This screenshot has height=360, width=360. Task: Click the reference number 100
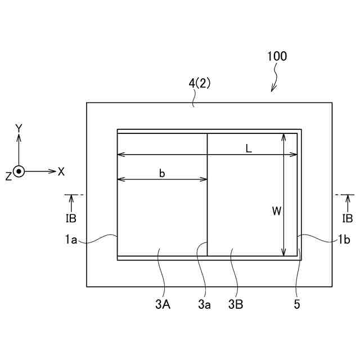click(277, 56)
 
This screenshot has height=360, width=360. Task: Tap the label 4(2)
click(200, 83)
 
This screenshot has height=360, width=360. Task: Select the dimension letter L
click(248, 148)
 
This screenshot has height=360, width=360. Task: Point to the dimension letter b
click(162, 173)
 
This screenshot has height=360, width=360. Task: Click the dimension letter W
click(276, 211)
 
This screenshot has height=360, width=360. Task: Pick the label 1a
click(70, 240)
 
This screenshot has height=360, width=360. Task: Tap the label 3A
click(163, 305)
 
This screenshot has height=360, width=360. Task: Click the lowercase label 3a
click(204, 305)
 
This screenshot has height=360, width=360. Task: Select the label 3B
click(236, 305)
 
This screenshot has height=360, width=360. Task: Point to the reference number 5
click(296, 305)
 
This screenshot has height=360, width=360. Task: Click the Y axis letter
click(19, 129)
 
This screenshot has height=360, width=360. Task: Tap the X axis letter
click(61, 172)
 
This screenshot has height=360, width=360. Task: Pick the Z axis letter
click(8, 176)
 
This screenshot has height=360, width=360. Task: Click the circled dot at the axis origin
click(19, 171)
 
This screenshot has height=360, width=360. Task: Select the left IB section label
click(71, 218)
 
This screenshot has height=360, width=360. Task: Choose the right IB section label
click(348, 218)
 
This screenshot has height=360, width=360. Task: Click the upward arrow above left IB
click(71, 202)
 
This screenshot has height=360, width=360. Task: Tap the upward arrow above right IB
click(348, 202)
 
